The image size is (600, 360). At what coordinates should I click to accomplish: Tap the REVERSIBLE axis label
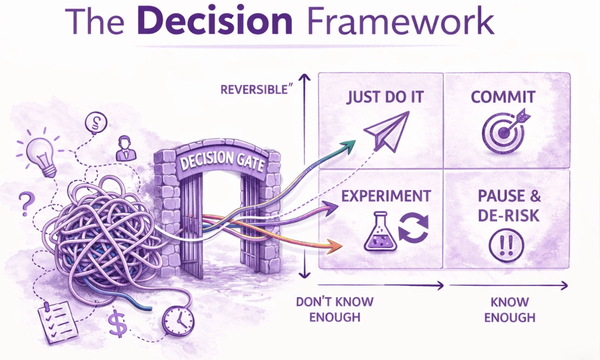click(253, 90)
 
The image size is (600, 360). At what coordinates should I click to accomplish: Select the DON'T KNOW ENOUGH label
click(334, 309)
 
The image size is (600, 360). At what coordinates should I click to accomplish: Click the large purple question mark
click(26, 203)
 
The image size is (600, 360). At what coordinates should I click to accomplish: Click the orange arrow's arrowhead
click(337, 247)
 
